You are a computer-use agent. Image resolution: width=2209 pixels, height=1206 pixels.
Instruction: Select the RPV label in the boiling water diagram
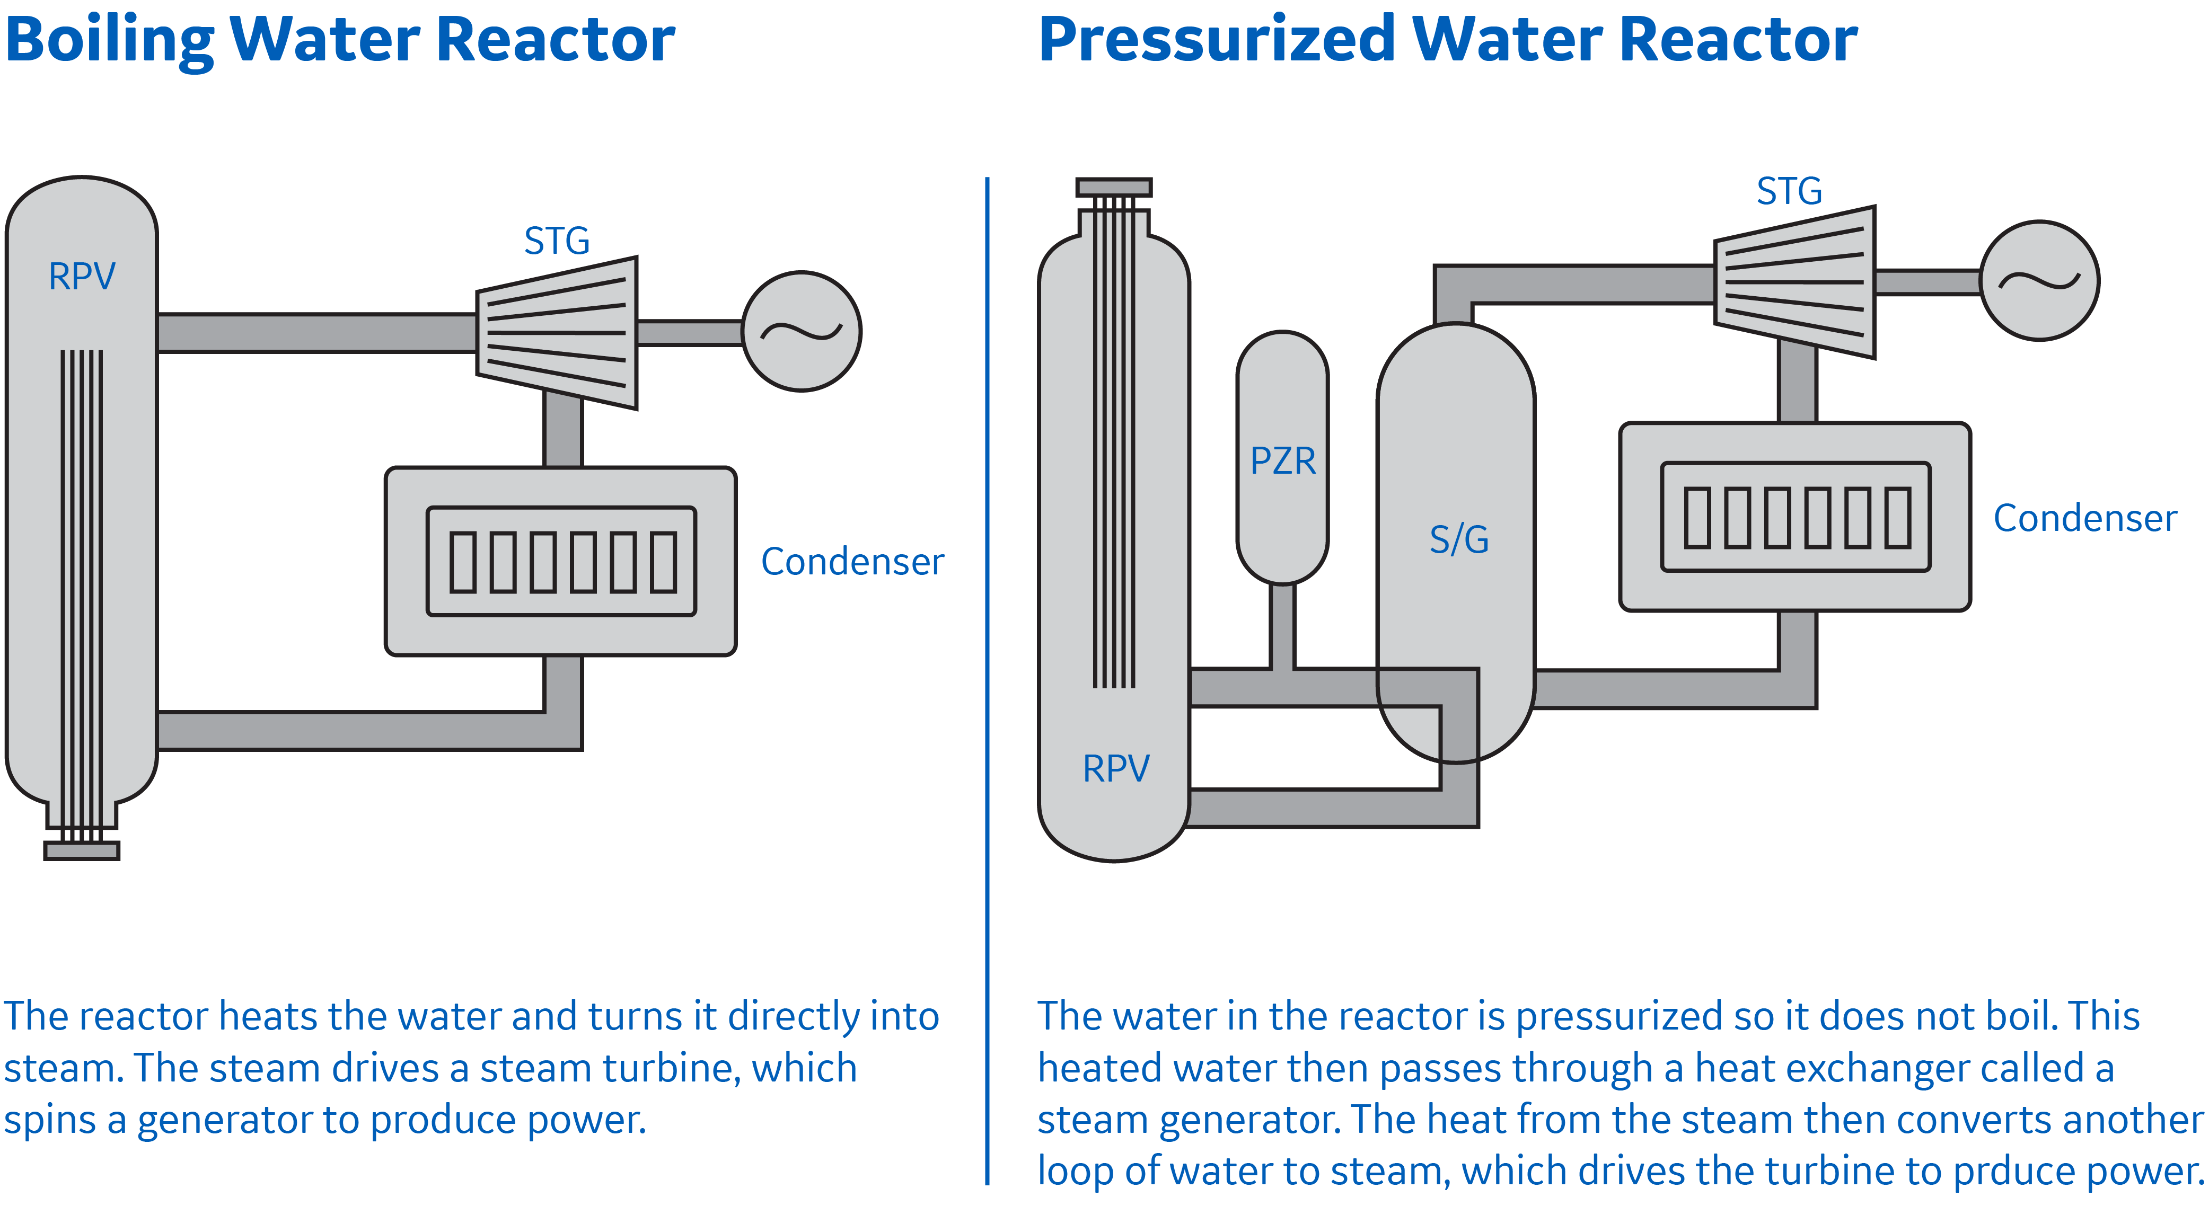(82, 276)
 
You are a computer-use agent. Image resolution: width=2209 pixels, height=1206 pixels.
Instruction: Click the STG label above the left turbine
(557, 241)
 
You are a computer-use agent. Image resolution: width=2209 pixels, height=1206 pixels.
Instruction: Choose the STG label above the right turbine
(1789, 190)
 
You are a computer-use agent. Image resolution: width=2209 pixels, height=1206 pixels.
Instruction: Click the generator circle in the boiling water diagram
(801, 332)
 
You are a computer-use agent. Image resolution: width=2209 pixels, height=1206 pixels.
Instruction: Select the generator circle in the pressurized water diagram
(2039, 281)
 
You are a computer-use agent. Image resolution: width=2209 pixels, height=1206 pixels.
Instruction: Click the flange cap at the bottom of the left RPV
(82, 850)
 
